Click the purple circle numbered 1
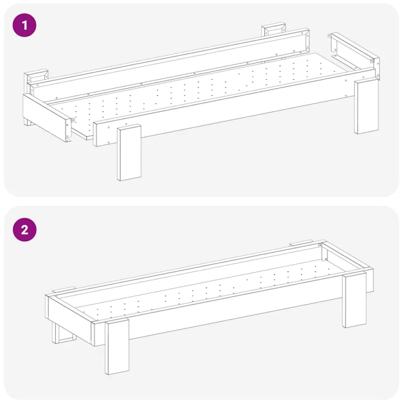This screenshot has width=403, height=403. point(24,25)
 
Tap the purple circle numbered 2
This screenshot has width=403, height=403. point(25,230)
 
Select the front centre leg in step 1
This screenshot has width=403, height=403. point(129,153)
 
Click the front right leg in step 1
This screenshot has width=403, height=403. point(367,107)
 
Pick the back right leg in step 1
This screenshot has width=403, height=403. point(274,29)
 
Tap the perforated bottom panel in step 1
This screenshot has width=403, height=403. point(195,95)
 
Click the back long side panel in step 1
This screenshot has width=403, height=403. point(170,64)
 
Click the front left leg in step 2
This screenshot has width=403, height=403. point(117,347)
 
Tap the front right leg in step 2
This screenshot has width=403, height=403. point(354,300)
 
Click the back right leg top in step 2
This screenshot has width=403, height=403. point(301,243)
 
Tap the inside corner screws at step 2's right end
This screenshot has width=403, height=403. point(323,252)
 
